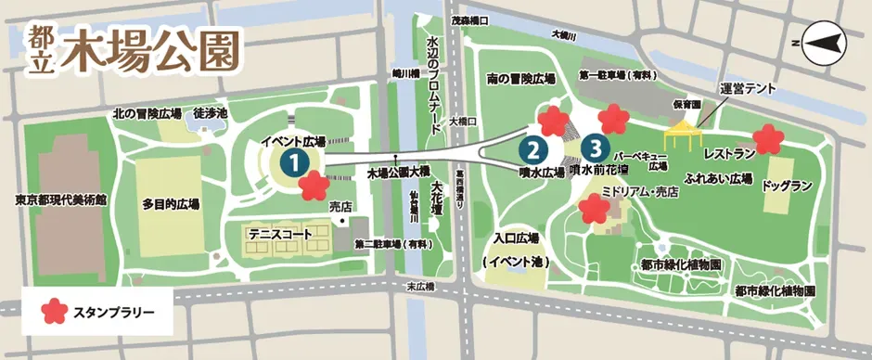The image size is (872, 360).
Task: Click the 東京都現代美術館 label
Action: click(60, 199)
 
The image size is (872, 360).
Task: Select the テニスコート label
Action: click(276, 236)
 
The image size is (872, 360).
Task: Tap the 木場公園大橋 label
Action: click(399, 173)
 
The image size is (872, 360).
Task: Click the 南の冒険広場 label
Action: click(521, 79)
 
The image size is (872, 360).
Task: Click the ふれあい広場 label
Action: click(718, 177)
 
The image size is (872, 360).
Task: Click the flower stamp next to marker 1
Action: click(314, 186)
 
